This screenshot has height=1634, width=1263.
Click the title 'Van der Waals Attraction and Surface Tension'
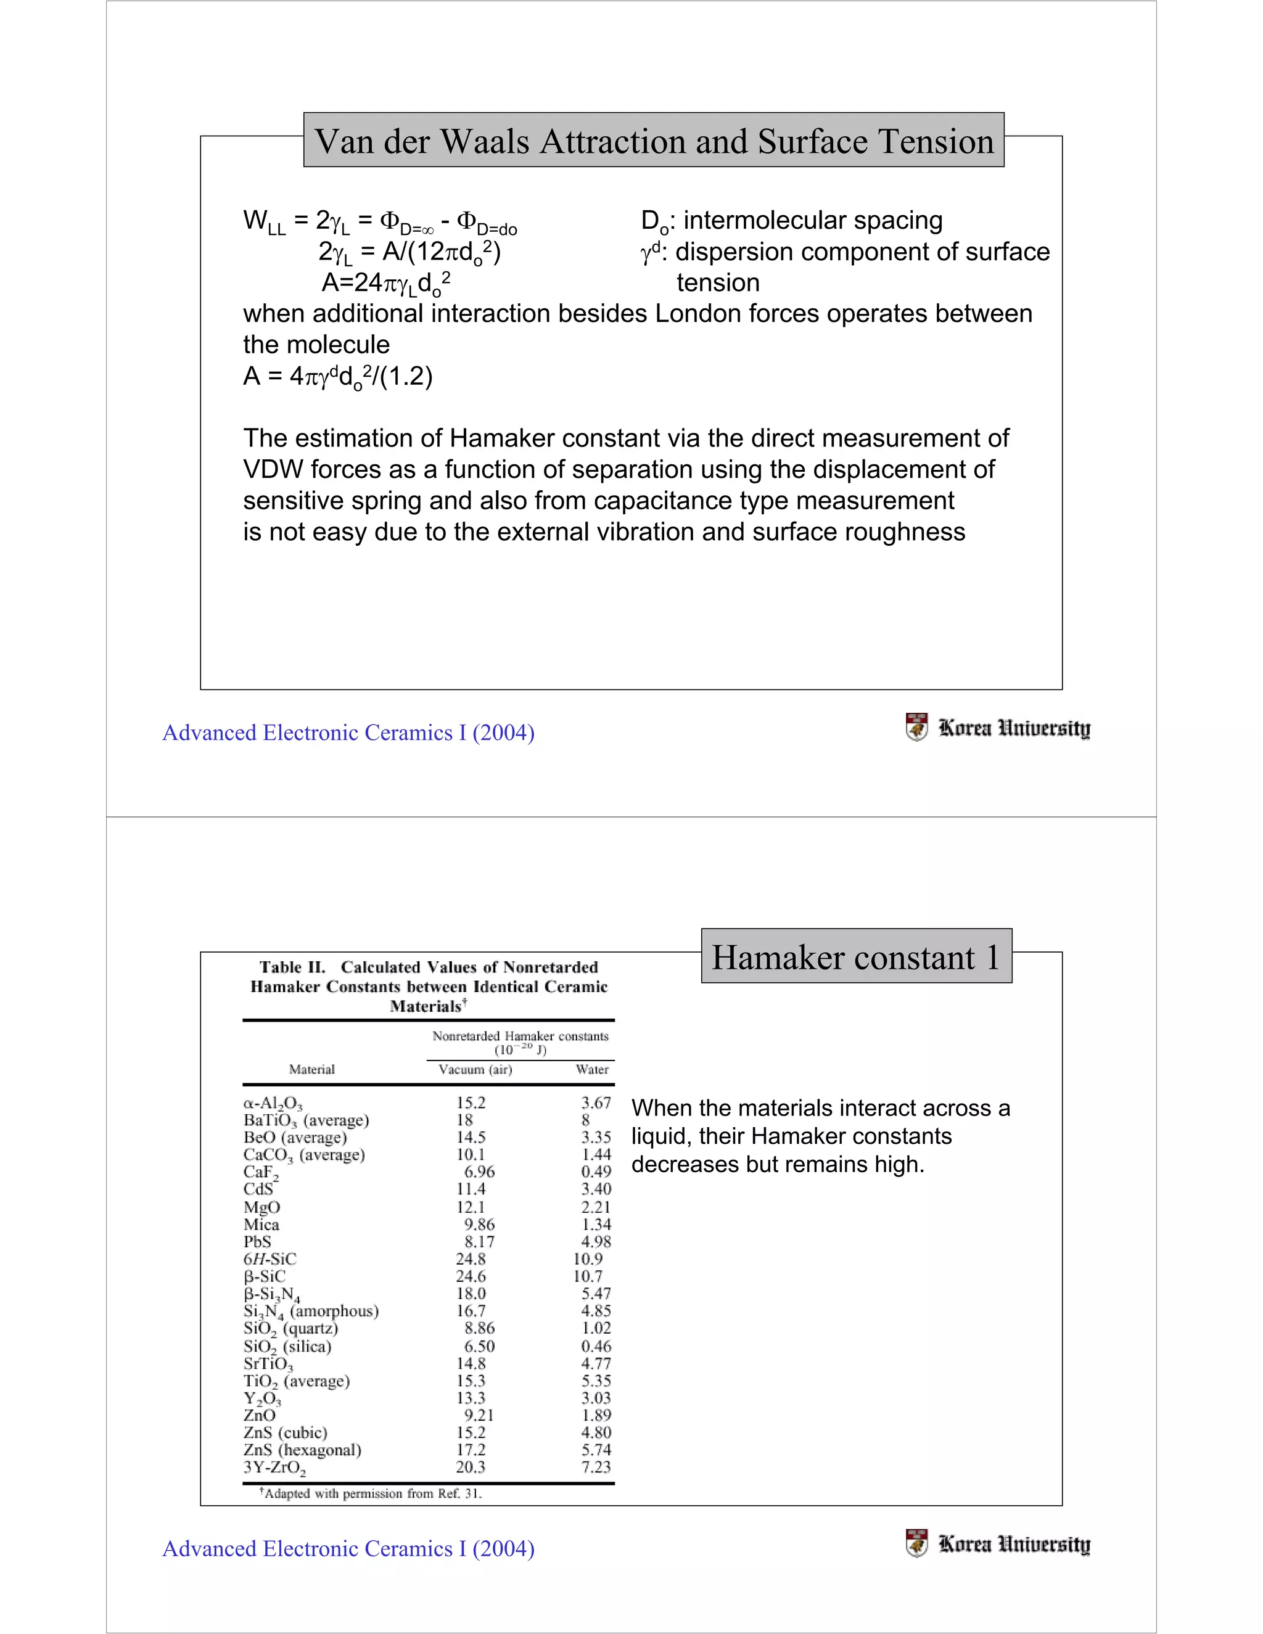[x=653, y=141]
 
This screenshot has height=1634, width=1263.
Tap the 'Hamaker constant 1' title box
[x=855, y=957]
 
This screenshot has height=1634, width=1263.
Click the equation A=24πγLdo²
[x=385, y=284]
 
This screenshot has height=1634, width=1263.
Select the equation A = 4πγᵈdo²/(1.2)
[x=337, y=376]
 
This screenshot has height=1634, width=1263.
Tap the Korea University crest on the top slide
[x=916, y=726]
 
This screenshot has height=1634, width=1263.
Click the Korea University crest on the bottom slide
[x=916, y=1543]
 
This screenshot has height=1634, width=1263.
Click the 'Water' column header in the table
[x=592, y=1069]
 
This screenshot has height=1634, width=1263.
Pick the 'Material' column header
[x=312, y=1069]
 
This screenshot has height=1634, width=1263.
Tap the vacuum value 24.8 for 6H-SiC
[x=471, y=1259]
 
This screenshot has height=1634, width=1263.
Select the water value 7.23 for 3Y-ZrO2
[x=596, y=1467]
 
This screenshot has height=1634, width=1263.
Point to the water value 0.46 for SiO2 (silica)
[x=596, y=1346]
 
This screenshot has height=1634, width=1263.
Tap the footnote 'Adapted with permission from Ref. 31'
[x=371, y=1493]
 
